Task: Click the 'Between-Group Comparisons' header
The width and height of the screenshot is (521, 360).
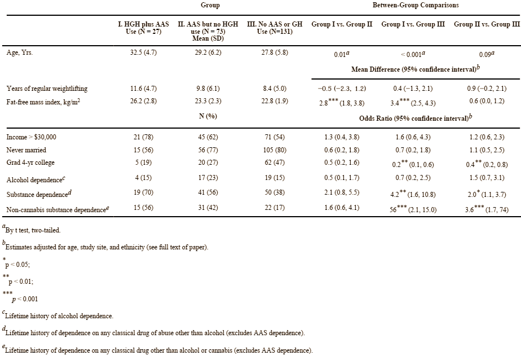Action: click(415, 5)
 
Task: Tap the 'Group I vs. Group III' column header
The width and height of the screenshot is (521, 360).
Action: click(413, 25)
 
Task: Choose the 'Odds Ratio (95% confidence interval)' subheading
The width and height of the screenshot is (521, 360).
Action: click(415, 118)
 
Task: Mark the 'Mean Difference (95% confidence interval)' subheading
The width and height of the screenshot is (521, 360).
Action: click(415, 69)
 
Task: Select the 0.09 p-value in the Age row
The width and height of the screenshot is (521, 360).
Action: click(486, 55)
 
